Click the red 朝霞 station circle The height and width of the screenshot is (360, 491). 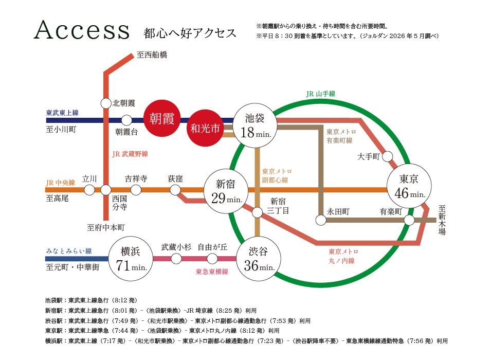coord(162,118)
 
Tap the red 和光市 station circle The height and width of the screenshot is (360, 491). coord(206,128)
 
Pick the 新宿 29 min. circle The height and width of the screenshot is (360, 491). coord(226,191)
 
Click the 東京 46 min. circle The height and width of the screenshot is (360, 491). coord(409,186)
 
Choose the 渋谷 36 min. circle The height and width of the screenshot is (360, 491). coord(258,259)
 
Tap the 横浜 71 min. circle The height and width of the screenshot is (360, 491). coord(131,259)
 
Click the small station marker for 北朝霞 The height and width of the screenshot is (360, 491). coord(106,103)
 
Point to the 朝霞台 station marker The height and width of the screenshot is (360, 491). coord(126,120)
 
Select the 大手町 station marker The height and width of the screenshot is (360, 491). coord(387,156)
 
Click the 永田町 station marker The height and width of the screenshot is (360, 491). coord(321,220)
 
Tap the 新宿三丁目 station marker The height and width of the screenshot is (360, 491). coord(257,212)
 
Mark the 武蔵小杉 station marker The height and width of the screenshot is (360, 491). coord(176,259)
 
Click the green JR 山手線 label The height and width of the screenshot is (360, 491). coord(320,94)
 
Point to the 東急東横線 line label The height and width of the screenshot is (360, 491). coord(212,272)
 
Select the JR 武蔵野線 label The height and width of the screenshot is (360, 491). coord(130,154)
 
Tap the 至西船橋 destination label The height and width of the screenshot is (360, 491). coord(152,55)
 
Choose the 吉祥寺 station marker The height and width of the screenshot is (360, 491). coord(136,190)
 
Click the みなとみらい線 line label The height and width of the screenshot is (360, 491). coord(69,250)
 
